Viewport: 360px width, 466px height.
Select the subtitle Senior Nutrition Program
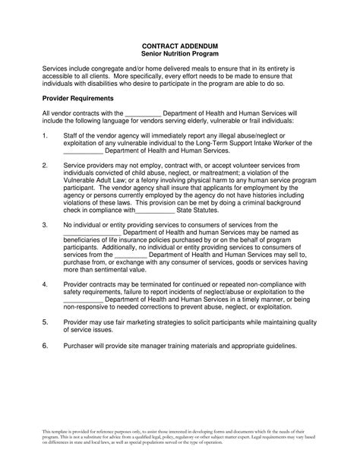click(x=180, y=53)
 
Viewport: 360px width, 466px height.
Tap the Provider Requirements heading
click(x=78, y=98)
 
